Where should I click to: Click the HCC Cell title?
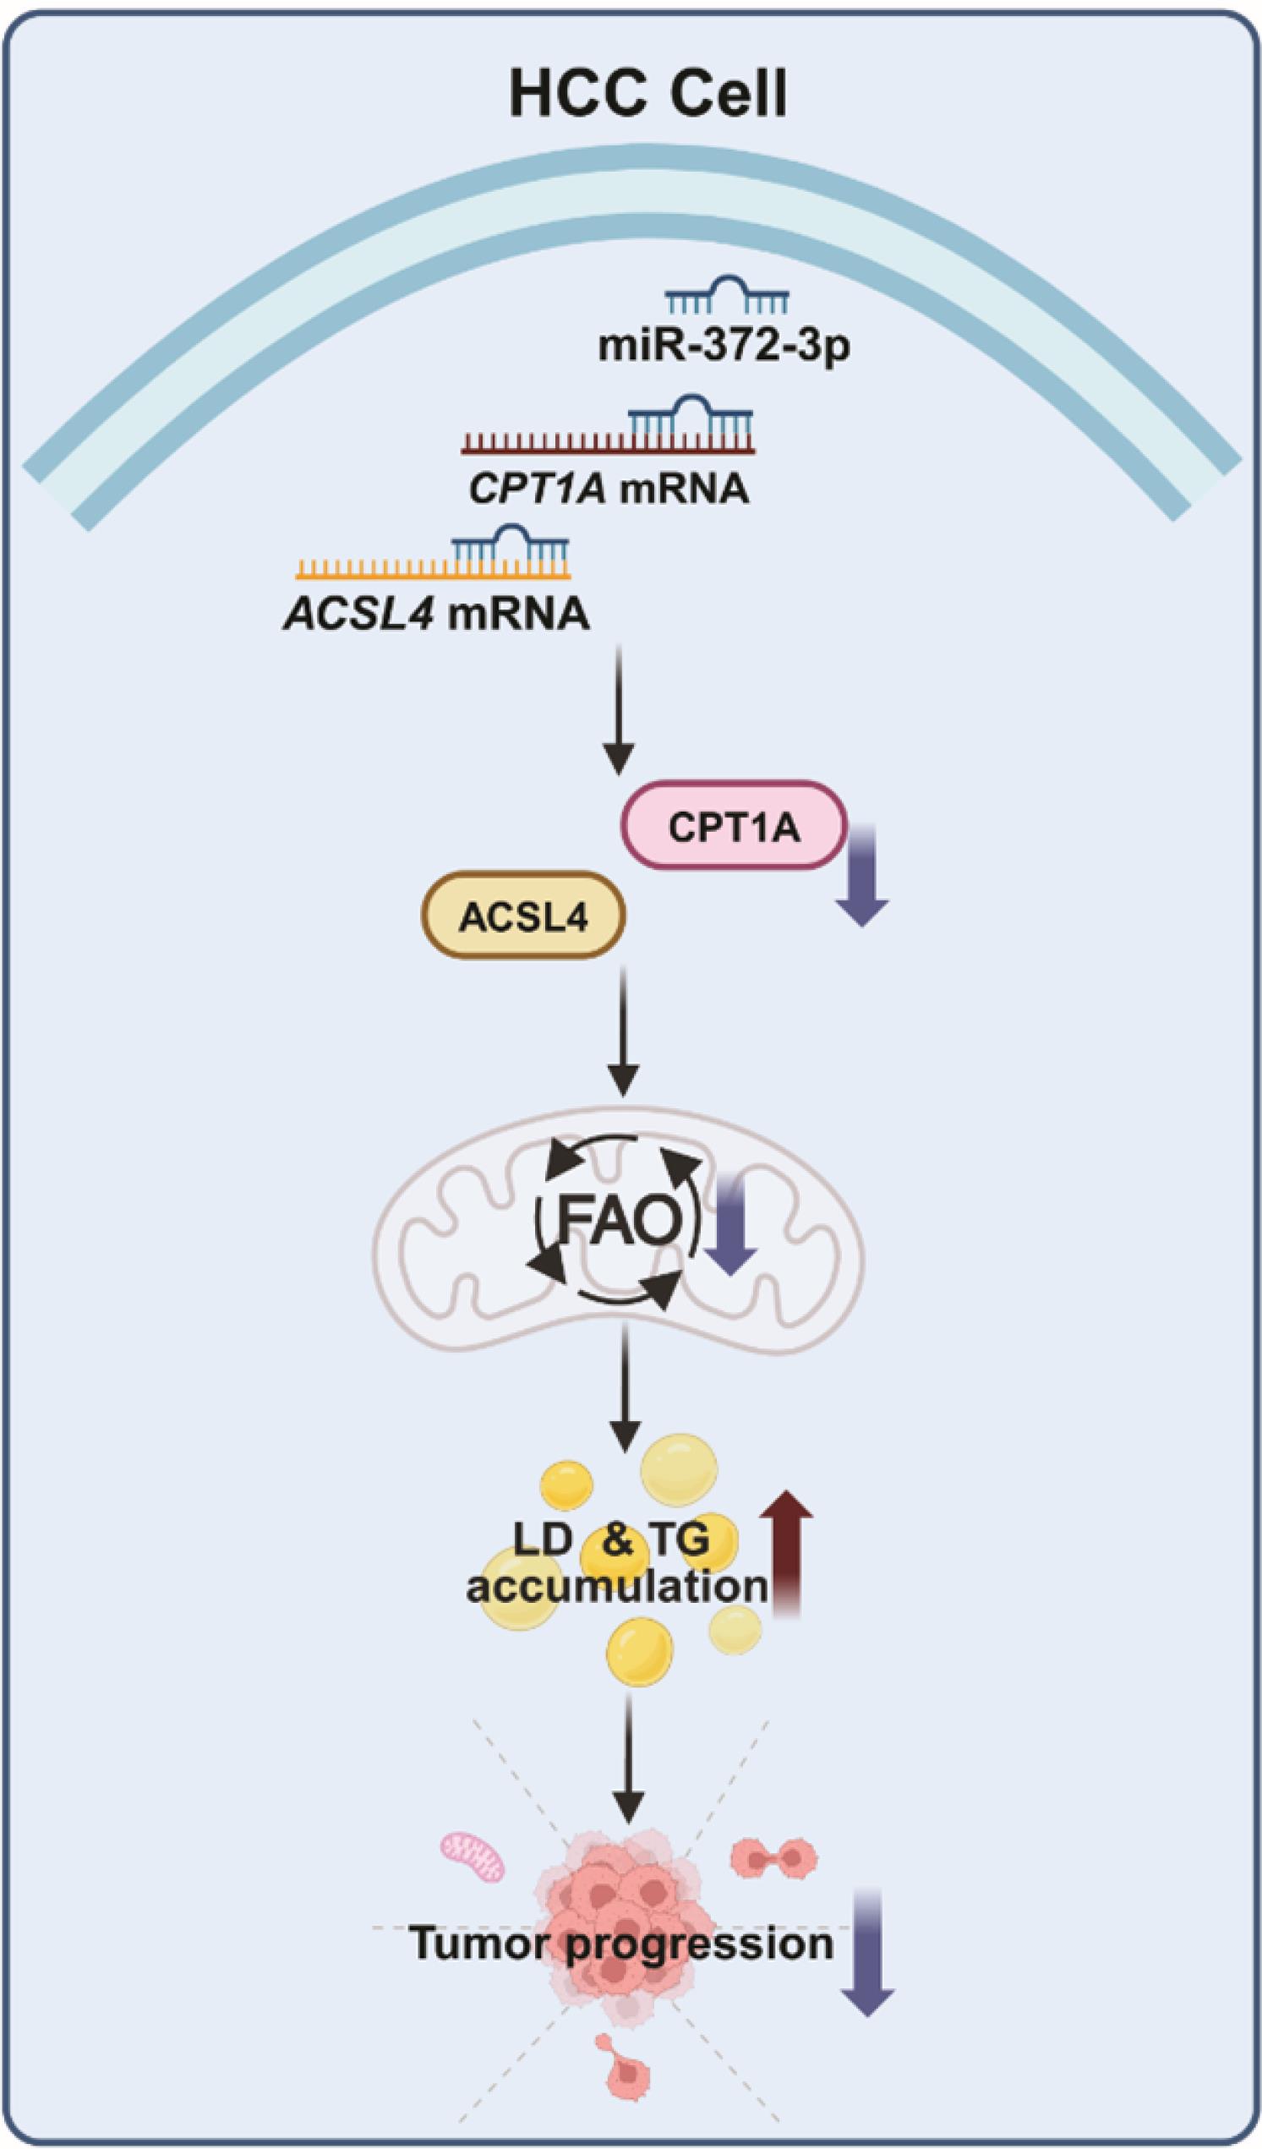(x=648, y=96)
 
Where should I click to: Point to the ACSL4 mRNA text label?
(x=436, y=613)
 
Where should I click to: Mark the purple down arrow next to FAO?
(x=732, y=1232)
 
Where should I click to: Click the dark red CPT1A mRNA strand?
(x=607, y=443)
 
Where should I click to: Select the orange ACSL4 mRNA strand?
(x=432, y=570)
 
